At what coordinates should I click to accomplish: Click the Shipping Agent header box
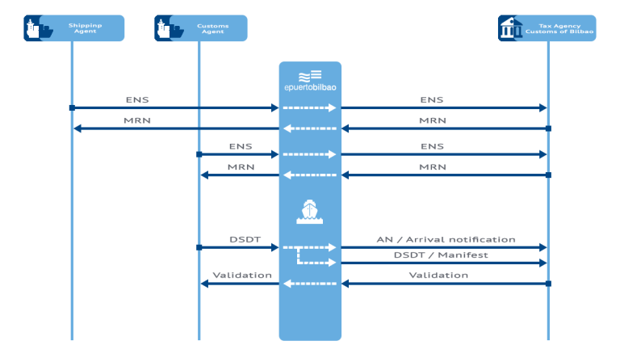73,28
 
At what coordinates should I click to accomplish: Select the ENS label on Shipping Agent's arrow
137,100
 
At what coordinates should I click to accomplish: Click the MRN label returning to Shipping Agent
137,121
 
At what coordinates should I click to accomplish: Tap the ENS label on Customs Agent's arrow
241,146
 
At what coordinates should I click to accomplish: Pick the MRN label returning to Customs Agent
241,167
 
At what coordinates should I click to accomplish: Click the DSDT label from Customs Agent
241,240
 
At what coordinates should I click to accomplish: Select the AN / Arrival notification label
446,240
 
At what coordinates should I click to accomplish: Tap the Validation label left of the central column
241,276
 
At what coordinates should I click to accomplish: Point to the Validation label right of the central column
438,276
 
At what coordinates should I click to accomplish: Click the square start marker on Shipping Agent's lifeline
72,107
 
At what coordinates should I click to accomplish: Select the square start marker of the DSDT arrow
199,247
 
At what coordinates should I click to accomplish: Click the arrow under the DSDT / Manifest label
444,263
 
